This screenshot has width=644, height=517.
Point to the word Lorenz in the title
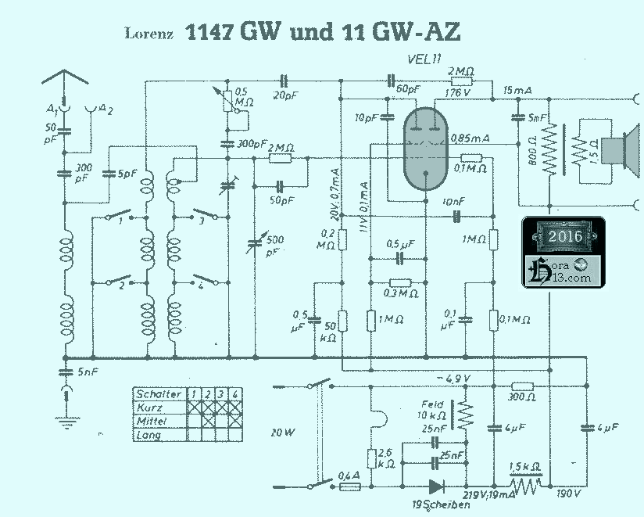(148, 34)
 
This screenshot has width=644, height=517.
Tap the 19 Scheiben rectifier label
(440, 505)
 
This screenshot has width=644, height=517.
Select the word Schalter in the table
(159, 394)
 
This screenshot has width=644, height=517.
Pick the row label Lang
(148, 435)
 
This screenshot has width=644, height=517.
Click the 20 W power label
(282, 432)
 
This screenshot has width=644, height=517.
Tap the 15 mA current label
(517, 91)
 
